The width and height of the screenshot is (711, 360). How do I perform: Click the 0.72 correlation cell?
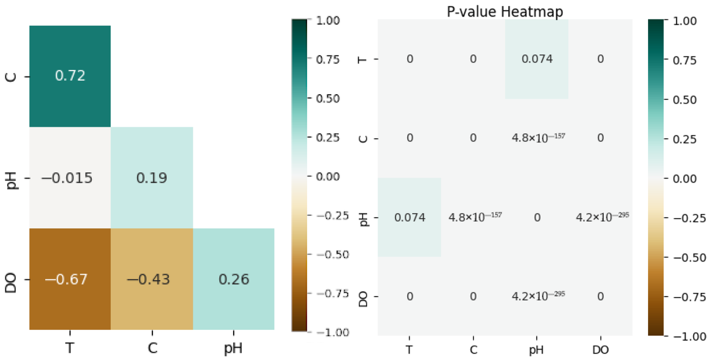(x=70, y=76)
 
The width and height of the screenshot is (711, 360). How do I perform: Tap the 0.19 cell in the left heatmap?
(x=152, y=177)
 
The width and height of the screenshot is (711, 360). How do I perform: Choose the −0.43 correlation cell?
(x=152, y=279)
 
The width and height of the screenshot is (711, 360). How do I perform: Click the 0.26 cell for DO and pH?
(x=233, y=279)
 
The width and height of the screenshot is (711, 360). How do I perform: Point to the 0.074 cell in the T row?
(x=537, y=59)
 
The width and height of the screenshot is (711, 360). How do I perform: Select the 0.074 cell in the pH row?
(x=409, y=218)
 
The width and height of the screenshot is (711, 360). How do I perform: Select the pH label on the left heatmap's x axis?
(x=233, y=347)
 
